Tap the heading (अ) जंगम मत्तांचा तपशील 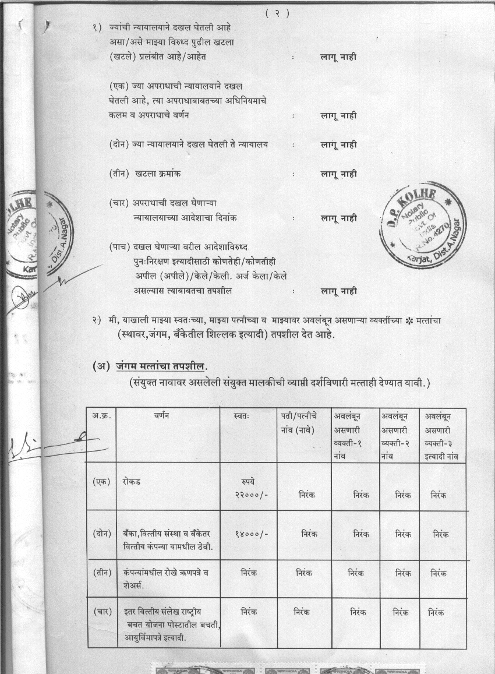pyautogui.click(x=150, y=366)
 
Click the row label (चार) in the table pyautogui.click(x=101, y=612)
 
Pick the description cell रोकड pyautogui.click(x=132, y=482)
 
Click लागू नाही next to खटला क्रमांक pyautogui.click(x=339, y=174)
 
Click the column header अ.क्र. pyautogui.click(x=101, y=416)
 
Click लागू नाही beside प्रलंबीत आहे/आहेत pyautogui.click(x=339, y=57)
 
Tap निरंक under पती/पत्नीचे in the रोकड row pyautogui.click(x=307, y=495)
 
